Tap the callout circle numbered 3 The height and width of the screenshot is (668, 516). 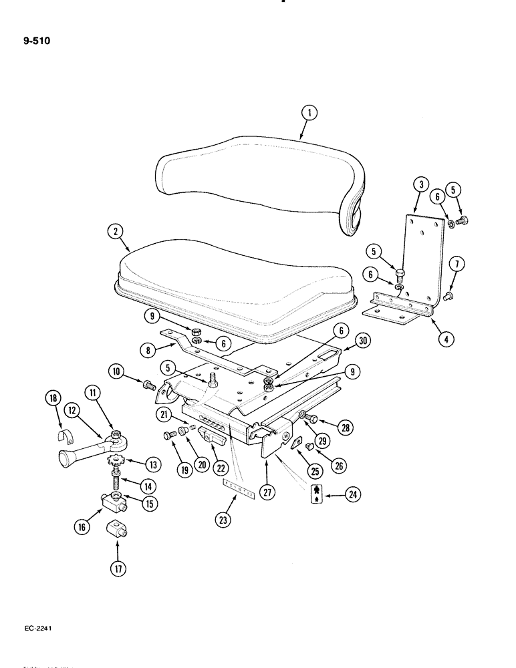click(x=419, y=184)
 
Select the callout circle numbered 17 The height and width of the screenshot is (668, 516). click(x=118, y=569)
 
